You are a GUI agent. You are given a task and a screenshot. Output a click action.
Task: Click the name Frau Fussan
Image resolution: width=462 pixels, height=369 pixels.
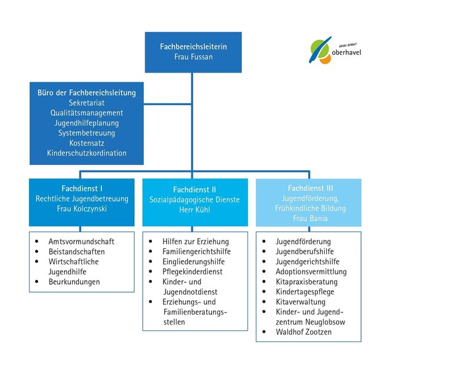click(x=193, y=57)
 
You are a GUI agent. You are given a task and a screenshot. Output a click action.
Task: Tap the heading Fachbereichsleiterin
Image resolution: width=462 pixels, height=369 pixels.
click(x=193, y=47)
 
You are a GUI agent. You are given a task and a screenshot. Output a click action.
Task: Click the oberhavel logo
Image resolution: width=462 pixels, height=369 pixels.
click(x=335, y=50)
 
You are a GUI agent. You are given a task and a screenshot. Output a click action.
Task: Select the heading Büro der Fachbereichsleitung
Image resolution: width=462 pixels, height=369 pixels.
click(x=87, y=93)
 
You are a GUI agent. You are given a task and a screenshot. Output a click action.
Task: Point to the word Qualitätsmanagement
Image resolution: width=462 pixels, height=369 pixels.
click(x=87, y=113)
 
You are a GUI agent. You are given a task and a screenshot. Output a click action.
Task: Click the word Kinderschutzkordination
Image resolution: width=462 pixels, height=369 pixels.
click(x=87, y=153)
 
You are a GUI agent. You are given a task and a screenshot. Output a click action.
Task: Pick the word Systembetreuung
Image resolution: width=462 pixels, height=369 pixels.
click(x=87, y=133)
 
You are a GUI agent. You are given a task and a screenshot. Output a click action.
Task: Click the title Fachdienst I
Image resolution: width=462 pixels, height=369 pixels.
click(x=82, y=188)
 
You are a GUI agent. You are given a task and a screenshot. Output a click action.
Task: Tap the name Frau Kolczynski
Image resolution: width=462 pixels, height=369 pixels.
click(x=82, y=208)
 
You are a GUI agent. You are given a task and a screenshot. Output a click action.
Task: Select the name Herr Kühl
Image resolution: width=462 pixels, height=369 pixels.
click(x=195, y=210)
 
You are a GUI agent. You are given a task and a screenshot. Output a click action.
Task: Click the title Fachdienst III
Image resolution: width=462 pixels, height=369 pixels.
click(x=310, y=188)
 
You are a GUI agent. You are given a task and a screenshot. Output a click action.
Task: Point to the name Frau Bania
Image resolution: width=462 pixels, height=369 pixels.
click(x=310, y=218)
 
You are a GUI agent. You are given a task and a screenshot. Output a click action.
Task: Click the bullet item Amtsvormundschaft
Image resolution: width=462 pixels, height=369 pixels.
click(x=81, y=242)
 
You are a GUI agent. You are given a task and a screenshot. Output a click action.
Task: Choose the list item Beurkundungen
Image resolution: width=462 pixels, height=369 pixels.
click(x=74, y=282)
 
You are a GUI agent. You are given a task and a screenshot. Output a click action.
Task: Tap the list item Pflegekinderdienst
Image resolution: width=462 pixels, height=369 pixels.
click(x=193, y=272)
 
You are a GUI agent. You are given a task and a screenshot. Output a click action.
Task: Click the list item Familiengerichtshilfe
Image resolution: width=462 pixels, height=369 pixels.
click(x=196, y=252)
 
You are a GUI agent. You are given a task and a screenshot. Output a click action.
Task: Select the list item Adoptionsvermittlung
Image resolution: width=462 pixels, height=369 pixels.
click(x=311, y=272)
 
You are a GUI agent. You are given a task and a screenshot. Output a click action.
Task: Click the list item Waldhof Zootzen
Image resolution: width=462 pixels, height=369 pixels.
click(x=304, y=332)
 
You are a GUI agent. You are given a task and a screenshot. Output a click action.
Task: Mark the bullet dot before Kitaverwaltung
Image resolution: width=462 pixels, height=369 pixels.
click(x=264, y=301)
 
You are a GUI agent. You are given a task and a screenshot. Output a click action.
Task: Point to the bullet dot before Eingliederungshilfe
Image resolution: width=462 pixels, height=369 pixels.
click(x=151, y=261)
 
